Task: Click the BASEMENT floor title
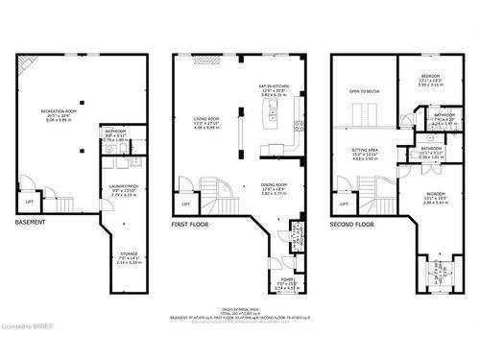(x=34, y=223)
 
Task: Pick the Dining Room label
(x=276, y=190)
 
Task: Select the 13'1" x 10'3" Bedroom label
(x=430, y=81)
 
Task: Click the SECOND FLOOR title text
(x=353, y=223)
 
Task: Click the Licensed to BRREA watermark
(x=36, y=352)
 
